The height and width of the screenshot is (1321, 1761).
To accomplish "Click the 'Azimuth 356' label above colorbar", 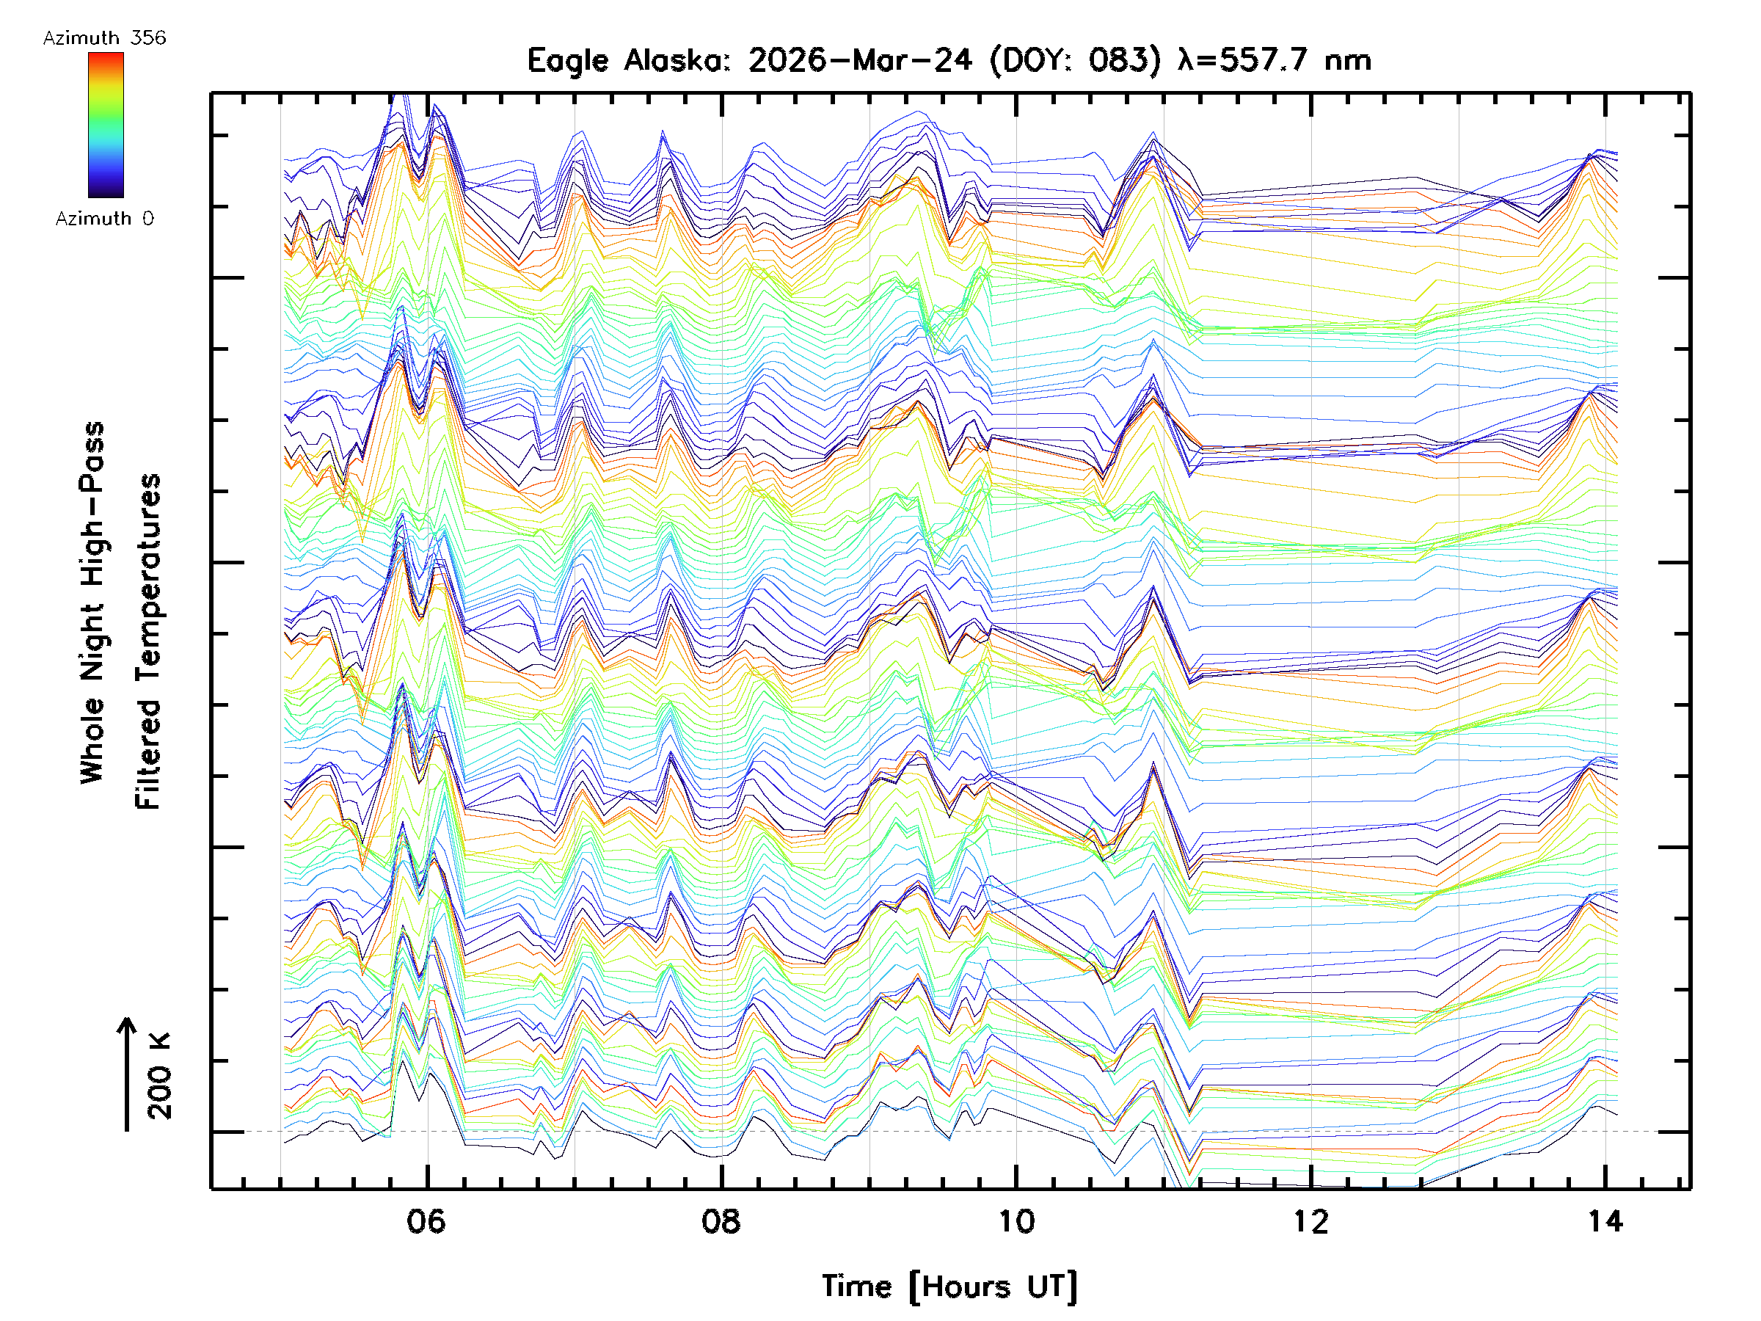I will (x=104, y=38).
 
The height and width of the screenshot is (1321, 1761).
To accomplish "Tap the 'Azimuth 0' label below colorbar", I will (x=104, y=219).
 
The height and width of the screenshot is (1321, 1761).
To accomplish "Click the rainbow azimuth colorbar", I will (x=106, y=125).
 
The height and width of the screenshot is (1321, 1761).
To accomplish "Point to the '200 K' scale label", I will (x=160, y=1077).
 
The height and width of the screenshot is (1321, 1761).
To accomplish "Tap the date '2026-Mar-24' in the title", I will (x=860, y=60).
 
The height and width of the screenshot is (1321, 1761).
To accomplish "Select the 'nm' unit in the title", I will (x=1348, y=60).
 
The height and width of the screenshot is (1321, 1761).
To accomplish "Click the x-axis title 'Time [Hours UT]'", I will (x=949, y=1287).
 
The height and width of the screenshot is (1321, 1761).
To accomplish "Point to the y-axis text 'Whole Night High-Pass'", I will (x=92, y=603).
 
